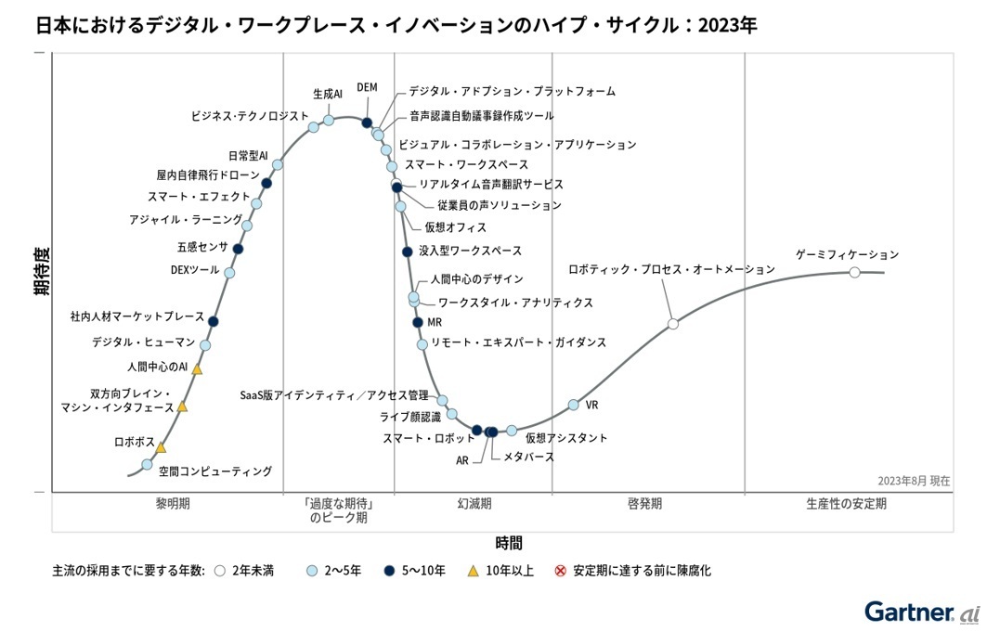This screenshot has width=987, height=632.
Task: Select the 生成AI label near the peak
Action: click(327, 94)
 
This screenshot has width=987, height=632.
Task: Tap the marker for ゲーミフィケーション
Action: click(854, 272)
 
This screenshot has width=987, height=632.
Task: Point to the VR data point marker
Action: click(574, 405)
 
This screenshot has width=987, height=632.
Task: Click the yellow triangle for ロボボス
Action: click(161, 447)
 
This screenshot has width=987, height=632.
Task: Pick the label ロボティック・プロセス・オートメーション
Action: click(671, 269)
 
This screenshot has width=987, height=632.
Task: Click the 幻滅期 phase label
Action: click(474, 504)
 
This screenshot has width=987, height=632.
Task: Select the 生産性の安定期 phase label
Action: click(846, 504)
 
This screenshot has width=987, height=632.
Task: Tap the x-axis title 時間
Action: click(508, 542)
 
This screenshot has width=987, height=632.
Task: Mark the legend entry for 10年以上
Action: click(500, 571)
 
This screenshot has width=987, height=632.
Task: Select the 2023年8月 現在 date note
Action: click(914, 481)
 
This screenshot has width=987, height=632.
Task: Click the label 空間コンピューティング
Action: click(214, 471)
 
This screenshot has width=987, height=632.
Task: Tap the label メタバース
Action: click(528, 457)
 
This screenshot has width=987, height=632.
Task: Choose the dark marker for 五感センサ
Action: click(238, 249)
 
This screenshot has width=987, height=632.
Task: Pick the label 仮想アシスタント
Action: click(566, 438)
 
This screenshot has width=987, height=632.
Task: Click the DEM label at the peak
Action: click(367, 88)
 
